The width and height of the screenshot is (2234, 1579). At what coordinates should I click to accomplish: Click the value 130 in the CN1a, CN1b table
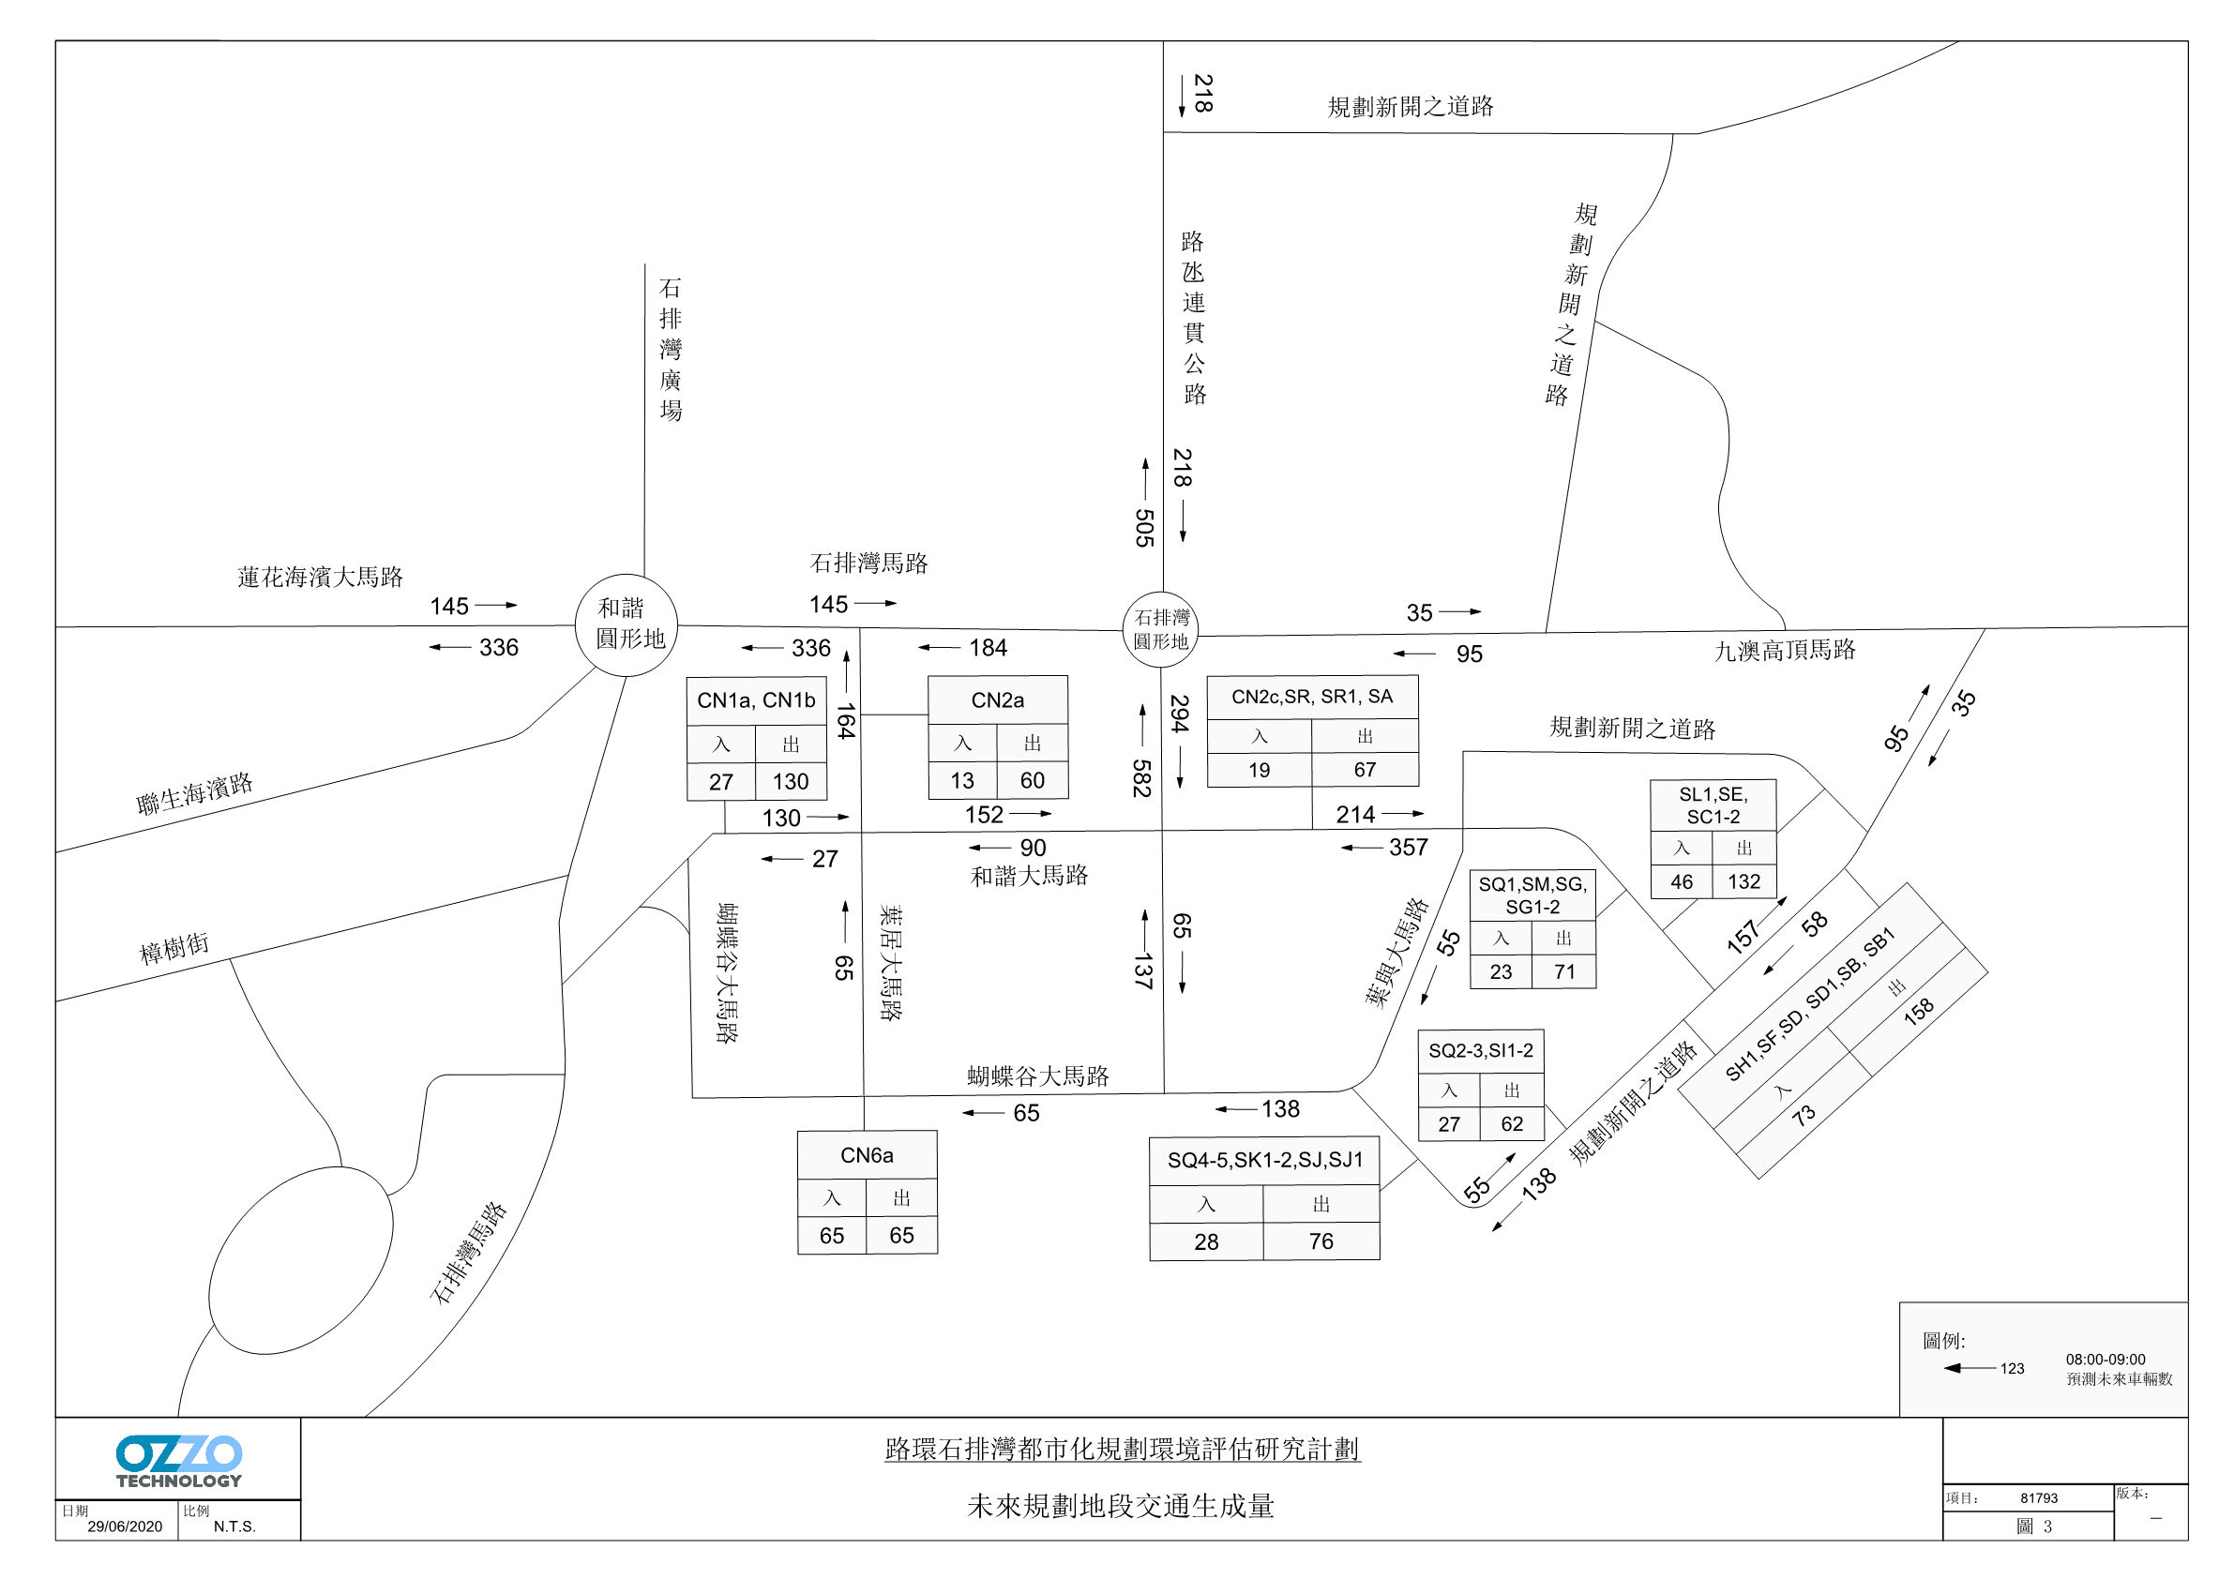tap(790, 781)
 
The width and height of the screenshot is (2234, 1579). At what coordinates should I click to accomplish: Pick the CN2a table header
tap(997, 699)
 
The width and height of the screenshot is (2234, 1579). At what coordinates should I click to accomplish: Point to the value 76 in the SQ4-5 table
tap(1321, 1241)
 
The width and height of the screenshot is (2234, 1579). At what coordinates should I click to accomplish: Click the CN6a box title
tap(867, 1155)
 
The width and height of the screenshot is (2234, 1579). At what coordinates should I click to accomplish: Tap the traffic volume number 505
tap(1144, 527)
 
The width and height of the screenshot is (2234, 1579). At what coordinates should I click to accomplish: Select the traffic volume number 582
tap(1142, 778)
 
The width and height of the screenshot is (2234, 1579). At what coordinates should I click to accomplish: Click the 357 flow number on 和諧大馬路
tap(1408, 848)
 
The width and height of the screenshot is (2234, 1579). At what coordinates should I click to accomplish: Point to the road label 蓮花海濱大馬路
tap(320, 577)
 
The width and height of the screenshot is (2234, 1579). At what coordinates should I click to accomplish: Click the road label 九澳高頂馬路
tap(1785, 650)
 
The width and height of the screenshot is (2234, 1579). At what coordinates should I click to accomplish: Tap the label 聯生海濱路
tap(194, 793)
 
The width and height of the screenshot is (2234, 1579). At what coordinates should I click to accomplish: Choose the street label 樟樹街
tap(174, 948)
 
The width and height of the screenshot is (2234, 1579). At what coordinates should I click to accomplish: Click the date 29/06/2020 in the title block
tap(125, 1526)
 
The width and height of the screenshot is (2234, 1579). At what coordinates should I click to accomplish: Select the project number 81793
tap(2038, 1498)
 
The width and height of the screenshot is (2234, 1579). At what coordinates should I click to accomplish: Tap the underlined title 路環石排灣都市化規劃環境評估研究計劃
tap(1122, 1449)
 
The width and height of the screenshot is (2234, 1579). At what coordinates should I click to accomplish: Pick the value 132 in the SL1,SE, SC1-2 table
tap(1743, 881)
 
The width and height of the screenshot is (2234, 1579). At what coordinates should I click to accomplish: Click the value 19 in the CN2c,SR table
tap(1259, 771)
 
